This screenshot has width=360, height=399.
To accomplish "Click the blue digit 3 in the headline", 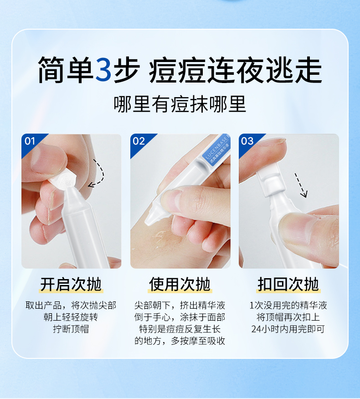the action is [x=103, y=70].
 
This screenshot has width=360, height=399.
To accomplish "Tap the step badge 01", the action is [x=30, y=141].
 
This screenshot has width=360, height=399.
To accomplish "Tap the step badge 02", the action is [x=139, y=141].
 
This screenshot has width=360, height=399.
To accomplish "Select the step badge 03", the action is [x=247, y=141].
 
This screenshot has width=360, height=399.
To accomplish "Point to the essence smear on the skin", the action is [x=162, y=238].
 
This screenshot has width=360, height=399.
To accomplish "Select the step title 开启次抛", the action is [x=71, y=284].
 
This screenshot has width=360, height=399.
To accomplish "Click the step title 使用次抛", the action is [x=180, y=284].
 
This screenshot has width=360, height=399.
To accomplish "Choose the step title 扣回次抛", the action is [x=288, y=284].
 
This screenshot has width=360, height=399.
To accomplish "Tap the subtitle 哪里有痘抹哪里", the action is [x=180, y=104].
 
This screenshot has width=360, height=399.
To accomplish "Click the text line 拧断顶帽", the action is [x=71, y=329].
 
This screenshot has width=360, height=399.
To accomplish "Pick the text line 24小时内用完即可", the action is [x=288, y=329].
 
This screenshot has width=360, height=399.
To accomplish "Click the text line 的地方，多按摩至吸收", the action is [x=180, y=341].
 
